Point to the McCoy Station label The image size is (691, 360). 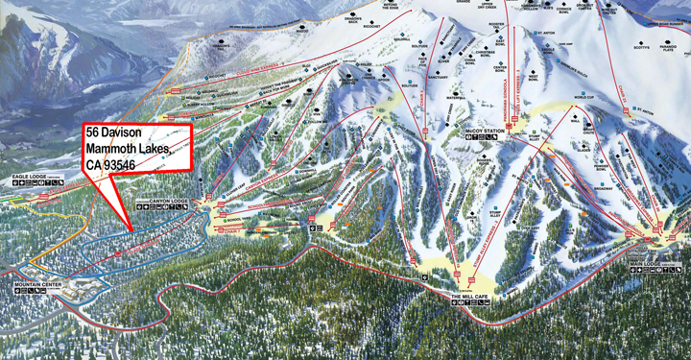coord(485,131)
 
